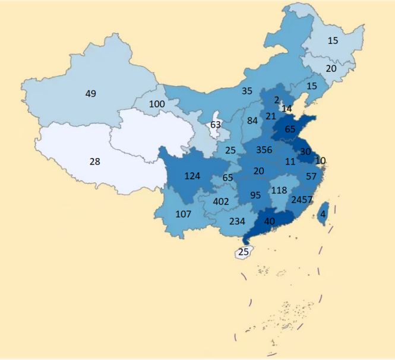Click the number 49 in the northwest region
click(x=90, y=93)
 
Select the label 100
click(x=157, y=104)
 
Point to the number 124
click(x=192, y=176)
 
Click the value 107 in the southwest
click(x=184, y=214)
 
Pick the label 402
click(x=221, y=201)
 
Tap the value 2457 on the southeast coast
click(x=302, y=200)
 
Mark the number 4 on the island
click(x=323, y=214)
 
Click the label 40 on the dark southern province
click(x=269, y=221)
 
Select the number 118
click(x=279, y=191)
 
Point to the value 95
click(x=256, y=195)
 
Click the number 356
click(x=265, y=150)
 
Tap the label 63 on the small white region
click(x=216, y=125)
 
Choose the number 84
click(x=252, y=121)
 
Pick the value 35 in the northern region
click(x=247, y=91)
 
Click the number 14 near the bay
click(x=287, y=109)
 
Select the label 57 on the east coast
click(x=311, y=176)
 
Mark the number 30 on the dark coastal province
click(x=305, y=151)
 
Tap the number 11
click(x=290, y=161)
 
